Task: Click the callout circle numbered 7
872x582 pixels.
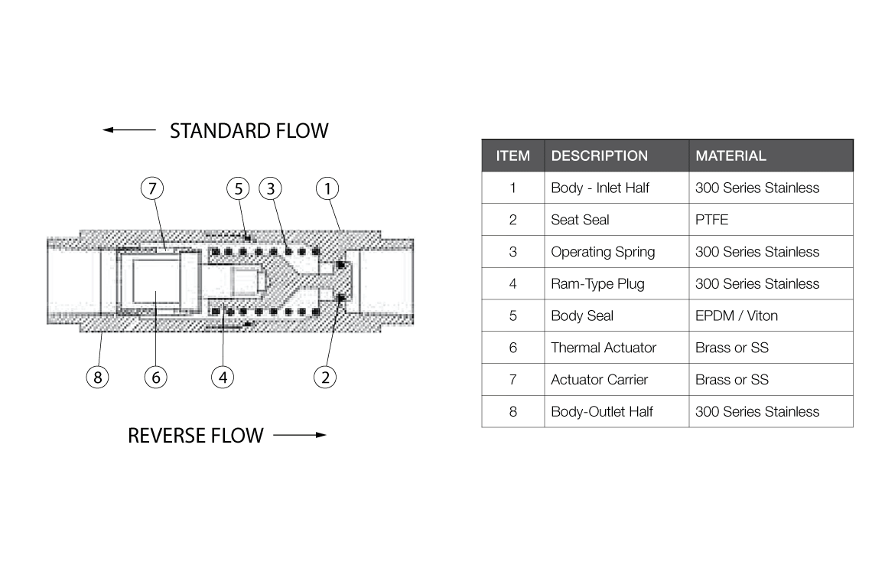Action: [x=152, y=188]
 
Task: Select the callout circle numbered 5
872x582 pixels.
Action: [x=239, y=188]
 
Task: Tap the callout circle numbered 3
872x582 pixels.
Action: [x=270, y=188]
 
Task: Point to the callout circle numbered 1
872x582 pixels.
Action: [x=327, y=188]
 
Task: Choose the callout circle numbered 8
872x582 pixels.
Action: [x=97, y=377]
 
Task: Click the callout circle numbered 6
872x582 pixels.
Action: [x=155, y=377]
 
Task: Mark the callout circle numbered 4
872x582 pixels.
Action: [x=223, y=377]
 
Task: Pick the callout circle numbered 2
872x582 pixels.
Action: [x=325, y=377]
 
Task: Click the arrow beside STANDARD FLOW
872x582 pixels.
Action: [x=129, y=130]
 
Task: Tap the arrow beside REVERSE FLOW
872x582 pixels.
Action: [x=299, y=436]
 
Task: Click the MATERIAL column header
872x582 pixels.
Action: [x=730, y=156]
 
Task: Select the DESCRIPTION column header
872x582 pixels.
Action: [x=599, y=156]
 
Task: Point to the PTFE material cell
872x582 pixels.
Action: [x=711, y=220]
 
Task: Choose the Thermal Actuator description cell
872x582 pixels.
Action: [x=604, y=348]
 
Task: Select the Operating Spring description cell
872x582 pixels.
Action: [x=603, y=252]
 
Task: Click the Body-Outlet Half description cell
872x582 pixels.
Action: [x=602, y=411]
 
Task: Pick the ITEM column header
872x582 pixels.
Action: [x=512, y=156]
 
